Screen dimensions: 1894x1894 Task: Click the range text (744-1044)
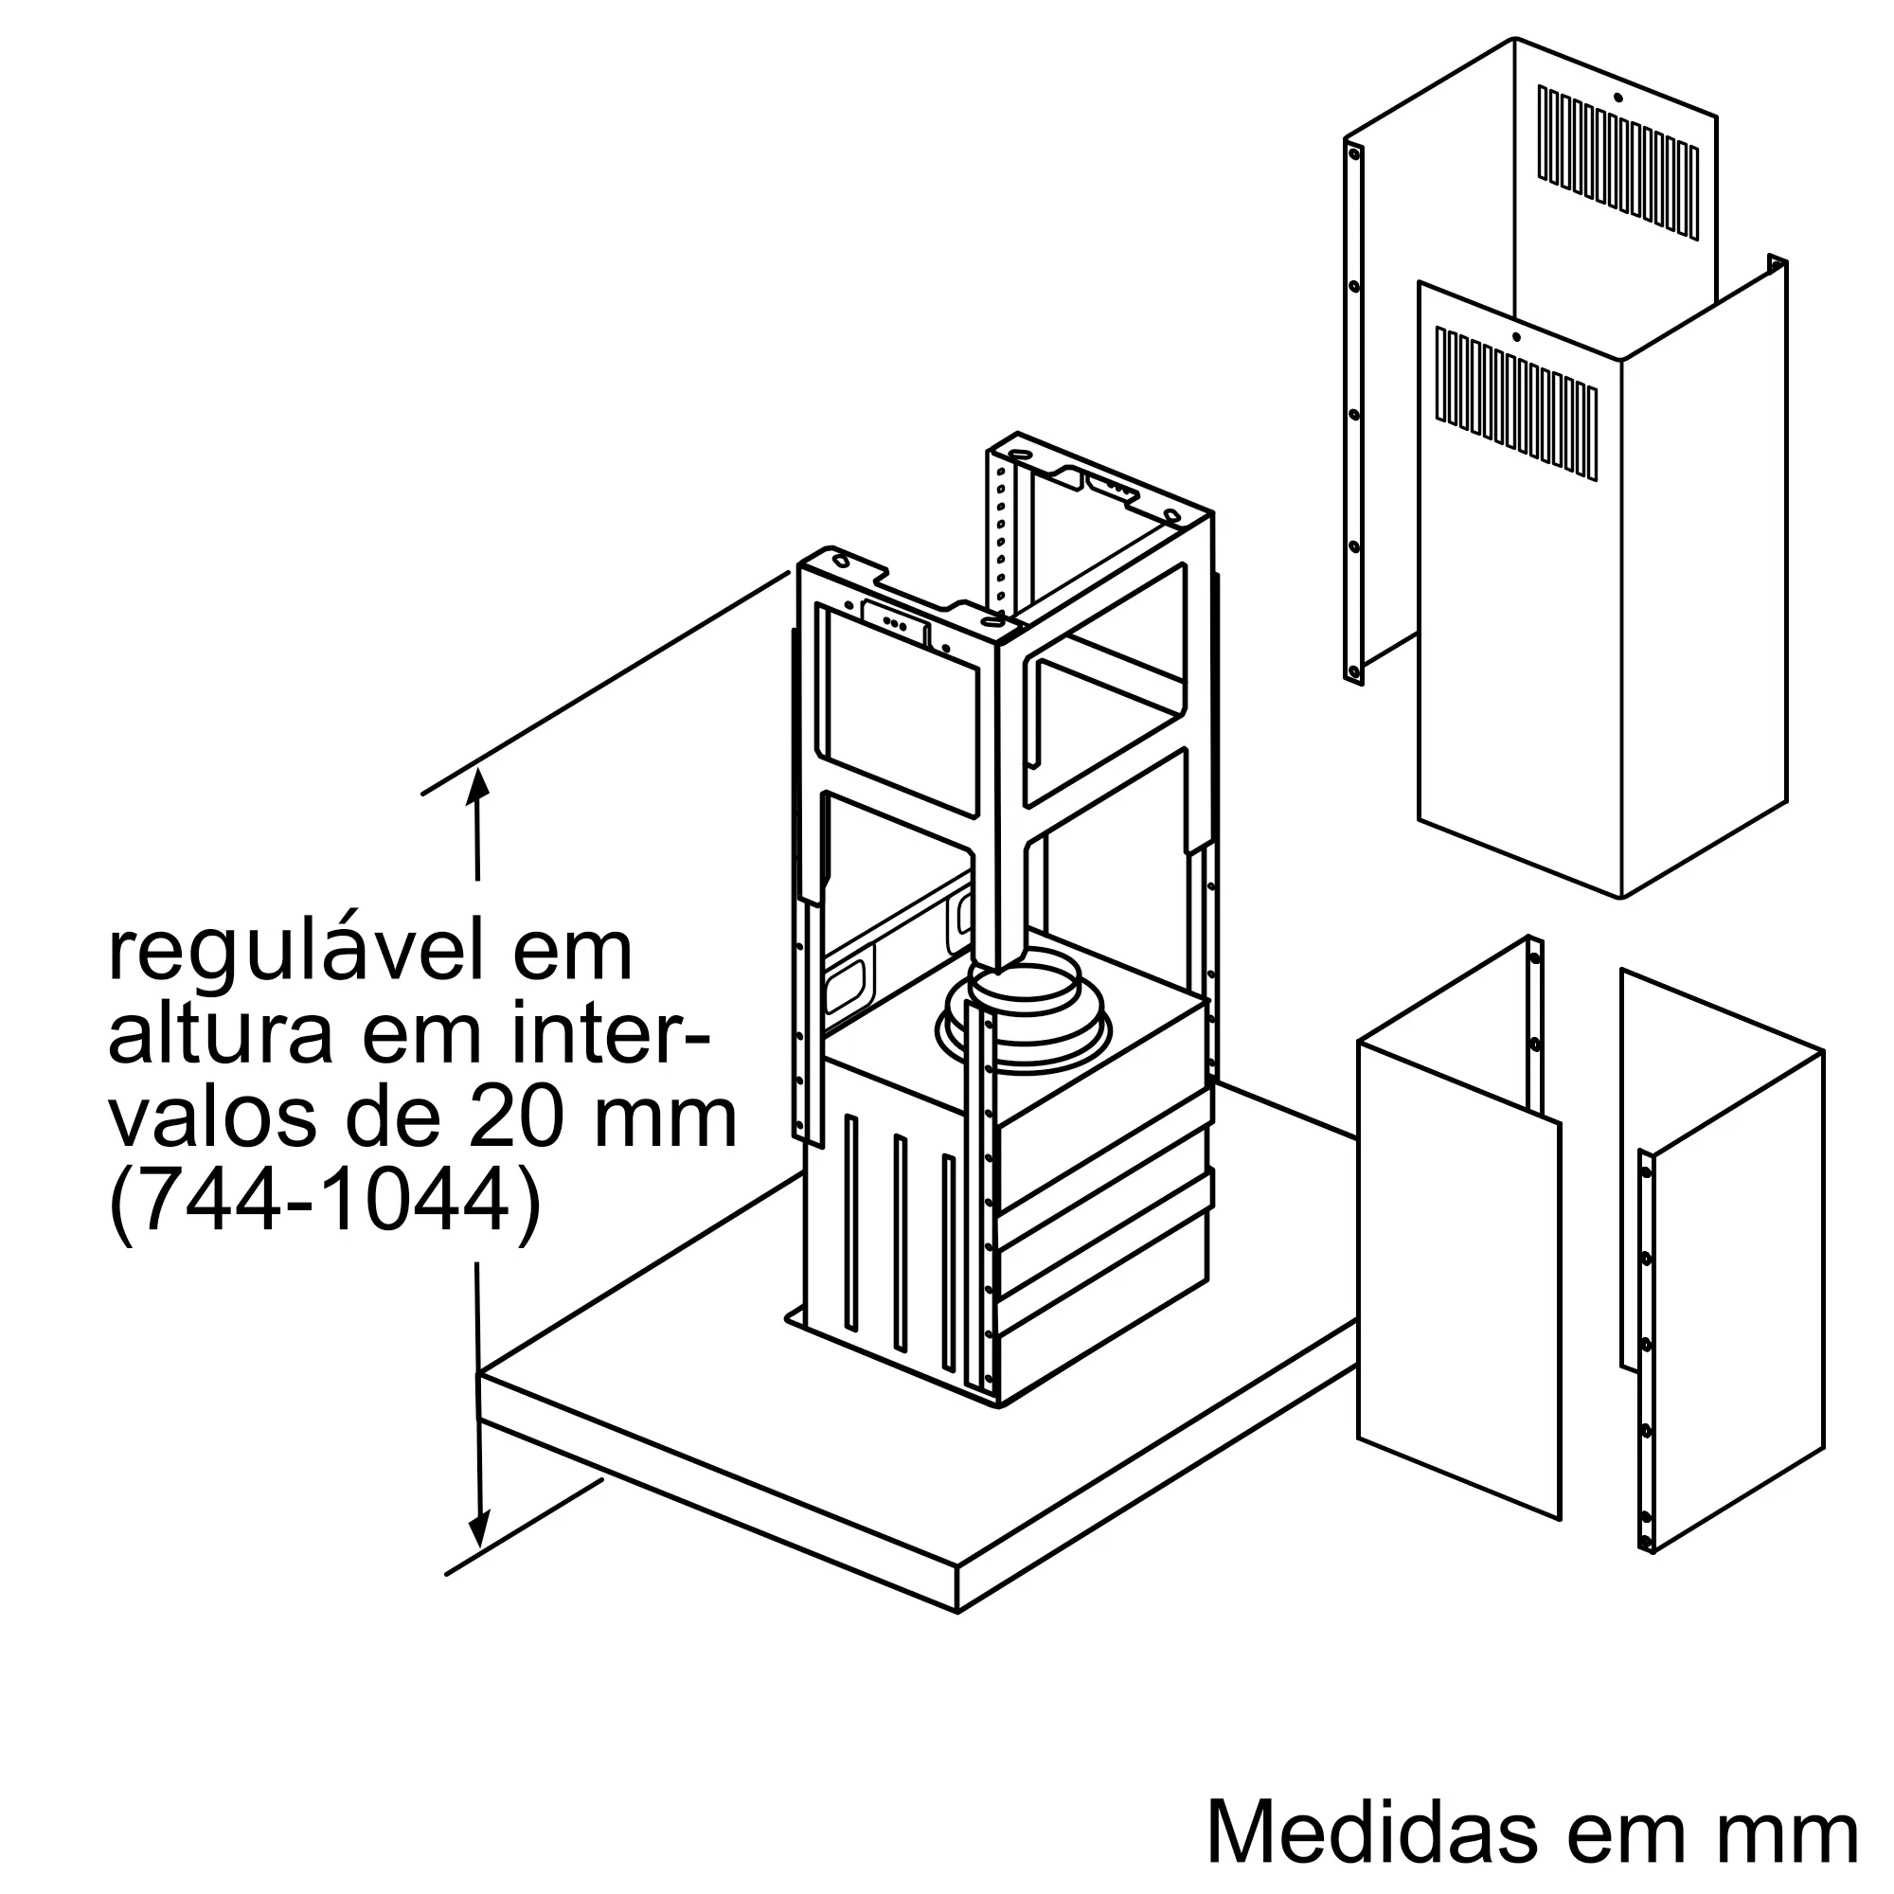coord(325,1205)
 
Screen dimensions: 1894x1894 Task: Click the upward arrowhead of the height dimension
coord(477,784)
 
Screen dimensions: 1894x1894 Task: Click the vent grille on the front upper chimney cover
coord(1516,404)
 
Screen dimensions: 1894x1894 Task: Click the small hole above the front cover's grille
coord(1516,338)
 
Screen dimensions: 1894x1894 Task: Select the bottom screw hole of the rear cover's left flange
coord(1354,672)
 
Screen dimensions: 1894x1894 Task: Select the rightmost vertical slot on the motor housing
coord(948,1263)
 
